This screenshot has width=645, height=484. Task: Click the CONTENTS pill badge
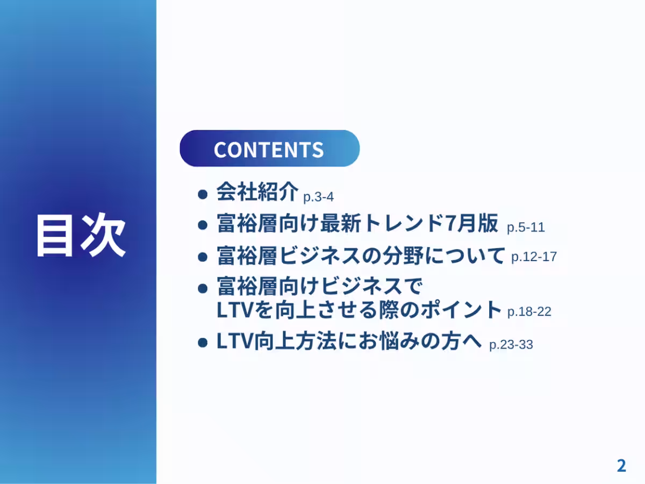click(x=269, y=149)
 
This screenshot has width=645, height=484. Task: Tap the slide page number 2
click(x=621, y=466)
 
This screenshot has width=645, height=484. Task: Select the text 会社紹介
click(x=257, y=192)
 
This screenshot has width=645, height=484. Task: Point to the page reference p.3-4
click(x=319, y=197)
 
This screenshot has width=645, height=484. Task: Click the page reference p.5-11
click(x=526, y=227)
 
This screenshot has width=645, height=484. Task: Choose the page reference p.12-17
click(x=534, y=257)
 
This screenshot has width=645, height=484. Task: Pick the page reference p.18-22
click(x=529, y=311)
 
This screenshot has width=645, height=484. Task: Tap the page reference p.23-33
click(x=511, y=345)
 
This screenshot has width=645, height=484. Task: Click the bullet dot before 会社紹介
click(x=203, y=194)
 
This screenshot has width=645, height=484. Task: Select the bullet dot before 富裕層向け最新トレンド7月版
click(x=203, y=225)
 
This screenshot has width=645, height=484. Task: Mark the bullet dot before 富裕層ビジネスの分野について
click(x=203, y=257)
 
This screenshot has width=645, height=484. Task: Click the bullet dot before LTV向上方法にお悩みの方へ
click(x=203, y=343)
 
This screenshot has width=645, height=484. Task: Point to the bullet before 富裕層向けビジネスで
click(x=203, y=288)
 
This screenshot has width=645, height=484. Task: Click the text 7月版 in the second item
click(x=472, y=224)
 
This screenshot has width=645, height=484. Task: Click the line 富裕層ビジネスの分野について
click(x=361, y=255)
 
